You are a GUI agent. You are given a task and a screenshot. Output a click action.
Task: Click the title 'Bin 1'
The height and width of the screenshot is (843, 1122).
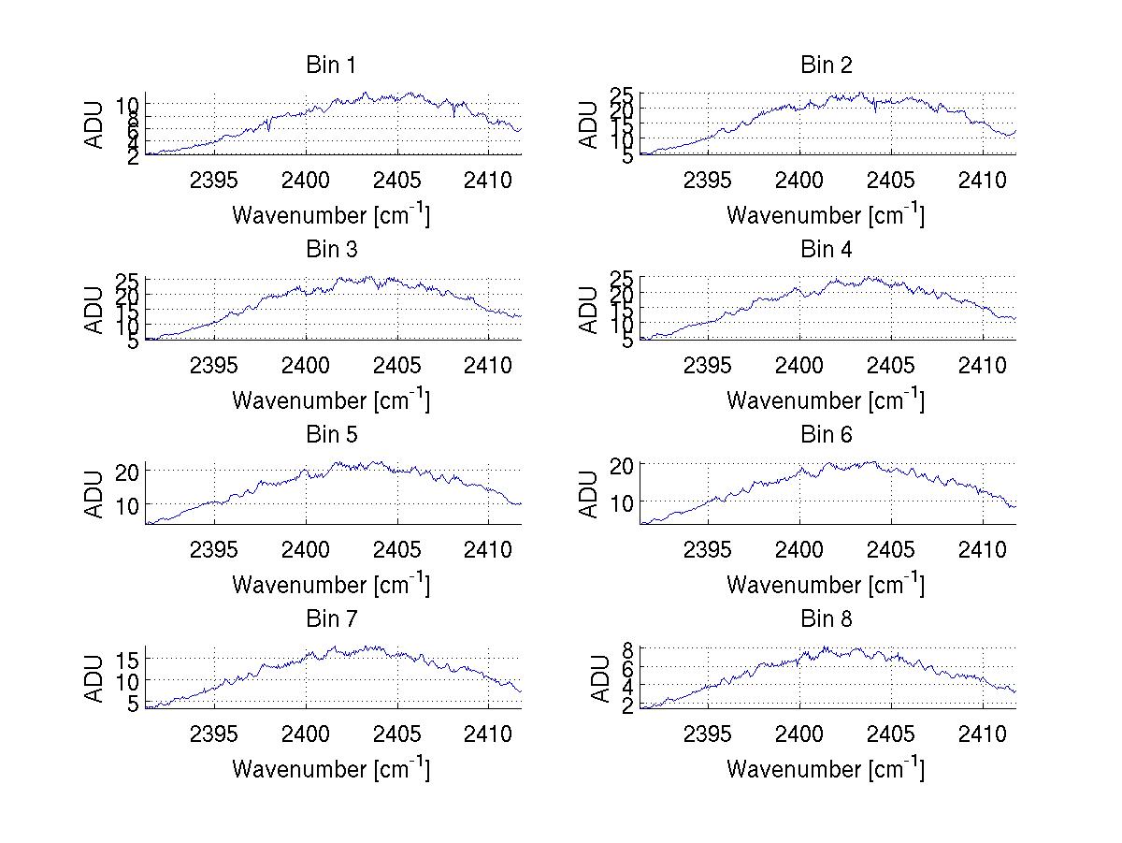[x=331, y=65]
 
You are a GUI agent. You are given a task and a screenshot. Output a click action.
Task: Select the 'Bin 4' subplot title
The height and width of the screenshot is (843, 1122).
[x=827, y=250]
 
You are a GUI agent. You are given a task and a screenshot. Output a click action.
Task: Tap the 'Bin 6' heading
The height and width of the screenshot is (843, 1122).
[x=827, y=435]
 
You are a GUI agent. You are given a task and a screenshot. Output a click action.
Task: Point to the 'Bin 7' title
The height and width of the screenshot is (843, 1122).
[x=331, y=619]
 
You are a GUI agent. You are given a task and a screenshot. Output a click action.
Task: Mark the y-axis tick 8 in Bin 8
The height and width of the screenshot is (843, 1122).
[x=628, y=648]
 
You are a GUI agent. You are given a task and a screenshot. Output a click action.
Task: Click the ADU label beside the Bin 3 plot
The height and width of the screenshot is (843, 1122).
[x=95, y=310]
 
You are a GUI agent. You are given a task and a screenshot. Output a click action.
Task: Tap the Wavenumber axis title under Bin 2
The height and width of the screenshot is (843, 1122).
[x=826, y=215]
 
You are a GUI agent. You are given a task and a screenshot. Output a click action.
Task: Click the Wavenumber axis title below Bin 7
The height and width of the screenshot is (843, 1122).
[x=331, y=769]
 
